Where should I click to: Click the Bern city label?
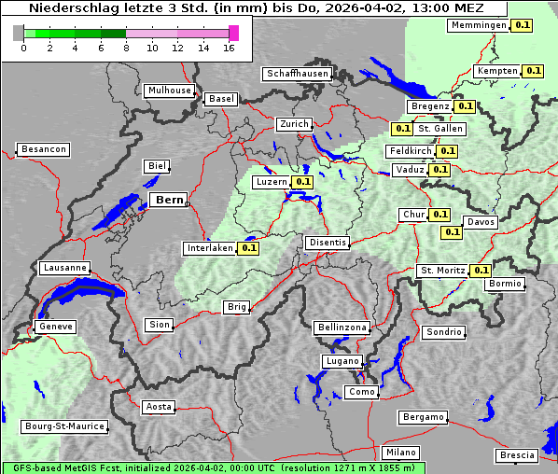(169, 200)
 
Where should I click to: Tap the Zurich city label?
(293, 124)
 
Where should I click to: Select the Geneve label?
(54, 328)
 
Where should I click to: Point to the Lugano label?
(342, 361)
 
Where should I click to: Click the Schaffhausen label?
(297, 74)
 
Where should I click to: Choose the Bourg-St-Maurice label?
(63, 426)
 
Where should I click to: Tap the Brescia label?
(517, 455)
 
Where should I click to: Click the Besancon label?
(43, 149)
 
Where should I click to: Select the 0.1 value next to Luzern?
(302, 182)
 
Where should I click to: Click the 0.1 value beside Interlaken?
(248, 248)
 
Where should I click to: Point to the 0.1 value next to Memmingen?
(522, 25)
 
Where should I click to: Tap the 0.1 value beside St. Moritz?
(481, 271)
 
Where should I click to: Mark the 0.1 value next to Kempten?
(533, 71)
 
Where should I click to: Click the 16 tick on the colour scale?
(229, 48)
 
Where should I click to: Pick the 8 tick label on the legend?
(126, 48)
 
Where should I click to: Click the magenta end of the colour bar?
(233, 33)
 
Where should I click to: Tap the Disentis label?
(328, 243)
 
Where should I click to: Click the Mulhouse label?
(169, 91)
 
